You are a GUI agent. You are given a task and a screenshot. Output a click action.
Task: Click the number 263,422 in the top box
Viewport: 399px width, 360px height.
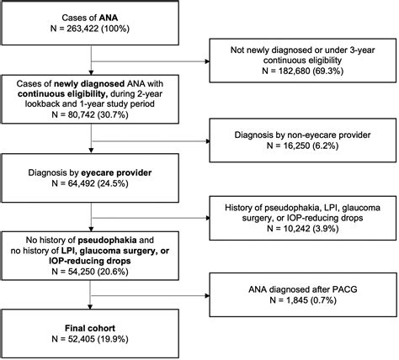tap(82, 29)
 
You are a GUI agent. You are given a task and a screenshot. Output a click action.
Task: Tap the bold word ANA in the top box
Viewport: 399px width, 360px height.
tap(109, 18)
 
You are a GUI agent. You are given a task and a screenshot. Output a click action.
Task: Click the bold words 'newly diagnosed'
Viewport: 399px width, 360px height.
tap(89, 84)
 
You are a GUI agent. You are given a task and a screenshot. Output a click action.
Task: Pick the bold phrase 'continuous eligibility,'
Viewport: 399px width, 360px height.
tap(62, 94)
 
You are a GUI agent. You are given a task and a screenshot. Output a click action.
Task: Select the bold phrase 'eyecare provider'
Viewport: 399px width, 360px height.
tap(116, 172)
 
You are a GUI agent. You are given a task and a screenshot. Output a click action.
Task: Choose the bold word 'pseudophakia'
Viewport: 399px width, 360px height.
tap(107, 241)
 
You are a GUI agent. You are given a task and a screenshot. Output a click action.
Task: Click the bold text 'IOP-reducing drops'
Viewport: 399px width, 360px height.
tap(90, 262)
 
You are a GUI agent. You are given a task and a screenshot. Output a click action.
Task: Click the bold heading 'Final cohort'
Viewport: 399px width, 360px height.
tap(90, 328)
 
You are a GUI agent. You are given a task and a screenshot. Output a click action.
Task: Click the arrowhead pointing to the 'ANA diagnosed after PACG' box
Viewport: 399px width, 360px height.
tap(208, 296)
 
